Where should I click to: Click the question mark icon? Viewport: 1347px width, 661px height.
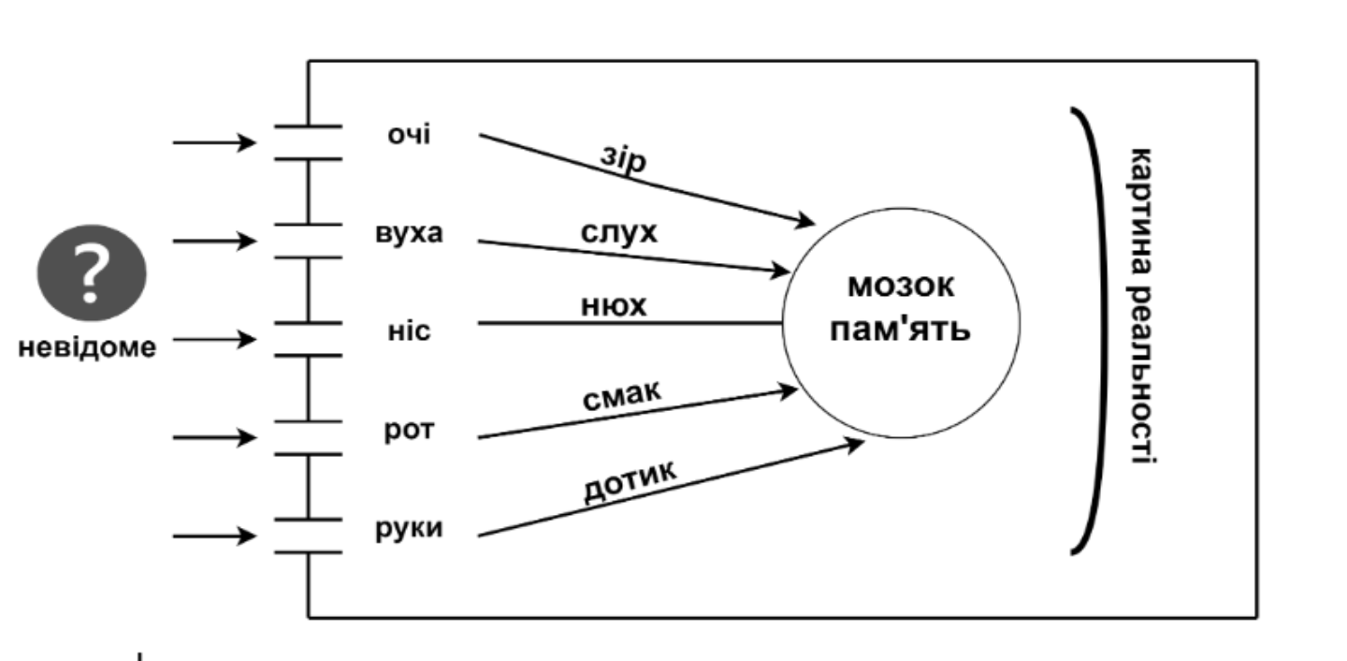pos(91,276)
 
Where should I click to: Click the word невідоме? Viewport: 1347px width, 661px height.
pos(88,347)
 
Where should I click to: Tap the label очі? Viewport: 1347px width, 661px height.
pos(409,135)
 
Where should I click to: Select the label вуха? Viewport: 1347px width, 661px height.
pos(409,233)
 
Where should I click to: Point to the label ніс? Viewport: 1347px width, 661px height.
pos(409,330)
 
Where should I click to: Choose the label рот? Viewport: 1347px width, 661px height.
pos(409,431)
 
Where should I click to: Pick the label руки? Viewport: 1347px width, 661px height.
pos(409,528)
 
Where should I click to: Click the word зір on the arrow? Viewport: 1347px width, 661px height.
pos(623,160)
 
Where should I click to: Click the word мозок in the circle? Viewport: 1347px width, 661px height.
pos(901,286)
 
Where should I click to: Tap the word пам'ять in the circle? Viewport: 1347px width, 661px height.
pos(901,330)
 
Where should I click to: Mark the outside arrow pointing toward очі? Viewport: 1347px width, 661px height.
pos(214,142)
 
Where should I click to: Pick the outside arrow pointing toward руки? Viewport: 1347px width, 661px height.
pos(214,536)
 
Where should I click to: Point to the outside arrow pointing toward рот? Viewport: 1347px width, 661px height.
pos(214,437)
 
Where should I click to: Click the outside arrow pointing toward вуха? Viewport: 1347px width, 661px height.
pos(214,241)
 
